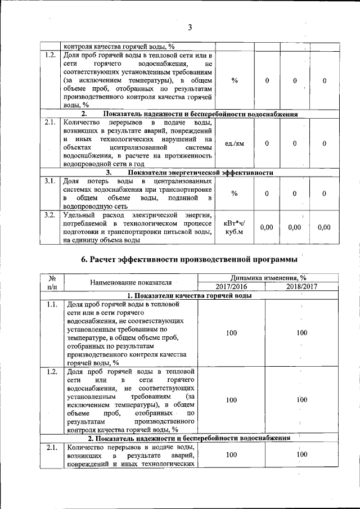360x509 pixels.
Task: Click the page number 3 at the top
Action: point(190,28)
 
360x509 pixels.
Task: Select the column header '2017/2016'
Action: point(231,286)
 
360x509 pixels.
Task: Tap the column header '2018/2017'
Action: point(302,286)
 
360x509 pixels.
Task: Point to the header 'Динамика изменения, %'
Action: point(267,278)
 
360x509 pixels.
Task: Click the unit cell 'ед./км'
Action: point(234,143)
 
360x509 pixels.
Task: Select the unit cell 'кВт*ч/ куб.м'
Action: point(234,227)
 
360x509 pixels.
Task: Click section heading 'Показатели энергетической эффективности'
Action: point(200,173)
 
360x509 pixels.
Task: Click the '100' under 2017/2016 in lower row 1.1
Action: point(231,332)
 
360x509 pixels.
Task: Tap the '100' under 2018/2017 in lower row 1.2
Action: point(302,400)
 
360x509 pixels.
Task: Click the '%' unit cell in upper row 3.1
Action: point(234,193)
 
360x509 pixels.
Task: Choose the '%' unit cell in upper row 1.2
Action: point(234,80)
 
